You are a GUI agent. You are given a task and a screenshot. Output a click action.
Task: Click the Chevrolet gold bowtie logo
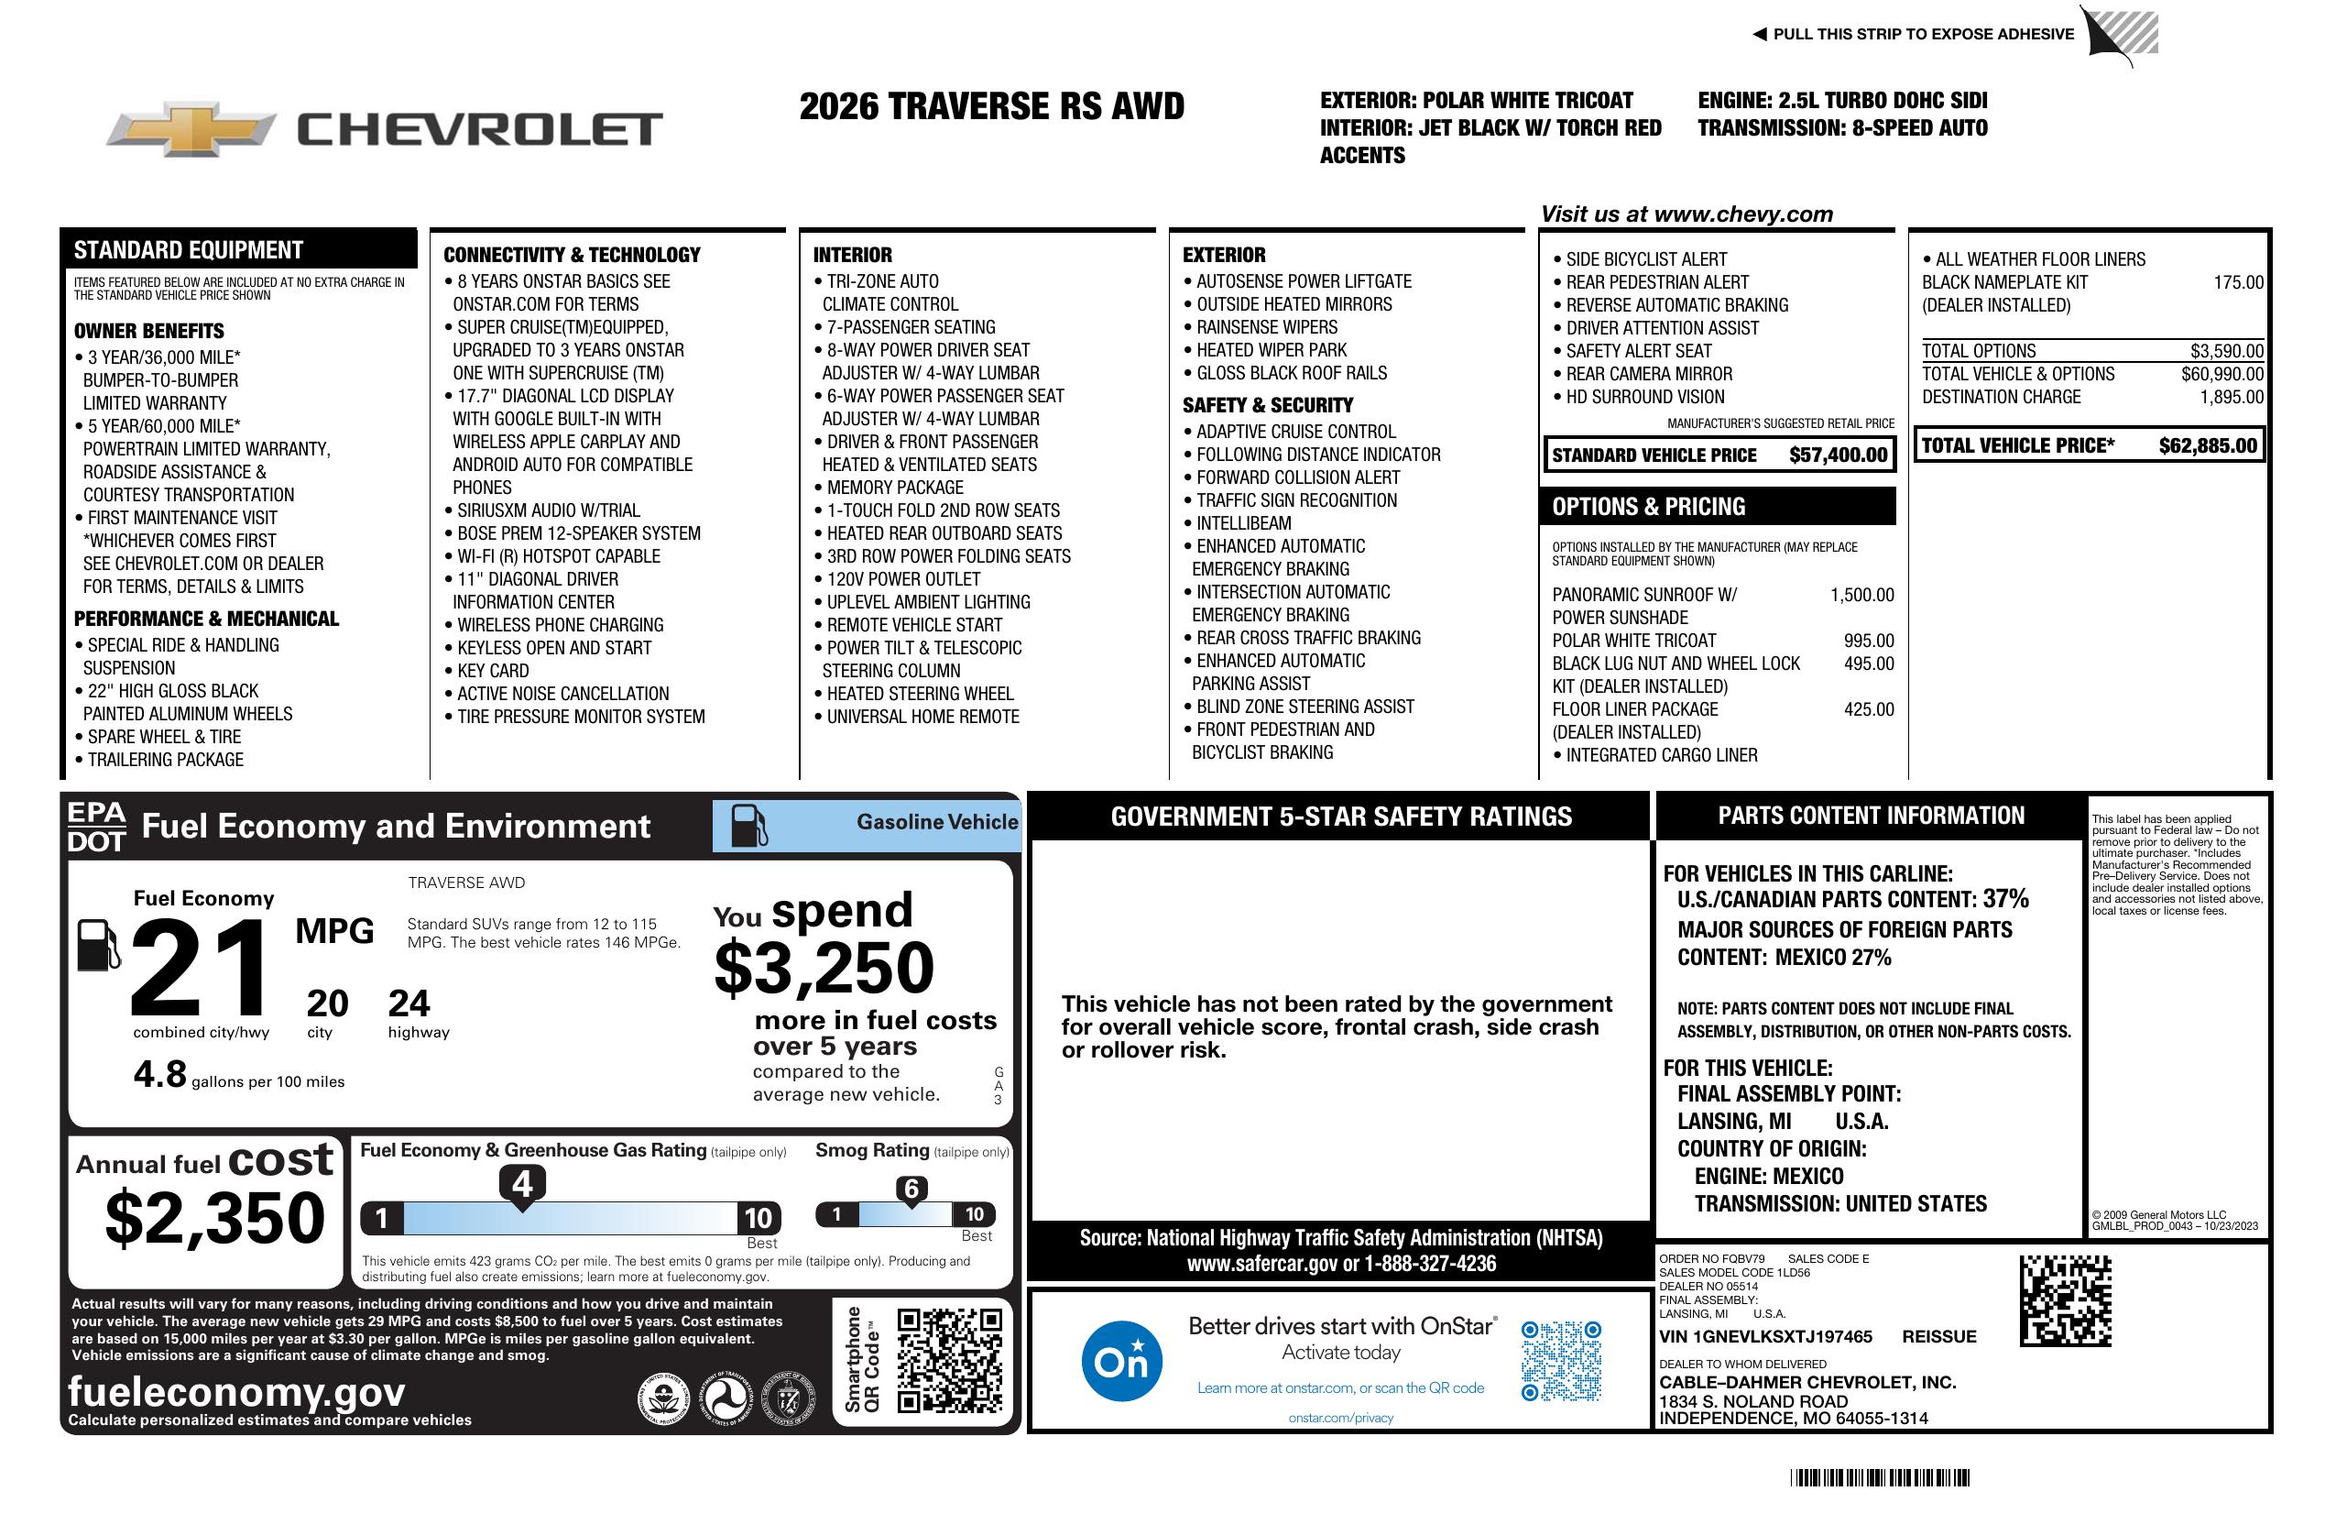coord(191,129)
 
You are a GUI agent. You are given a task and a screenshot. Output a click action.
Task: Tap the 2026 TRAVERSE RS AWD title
coord(991,106)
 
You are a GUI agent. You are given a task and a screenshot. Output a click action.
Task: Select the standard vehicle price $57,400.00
coord(1838,455)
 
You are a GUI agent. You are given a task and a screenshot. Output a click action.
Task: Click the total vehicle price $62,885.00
coord(2208,445)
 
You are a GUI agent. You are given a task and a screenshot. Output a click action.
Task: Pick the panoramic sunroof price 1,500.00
coord(1861,595)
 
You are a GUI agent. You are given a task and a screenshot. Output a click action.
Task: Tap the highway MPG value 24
coord(409,1003)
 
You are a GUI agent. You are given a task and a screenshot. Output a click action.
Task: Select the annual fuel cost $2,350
coord(215,1218)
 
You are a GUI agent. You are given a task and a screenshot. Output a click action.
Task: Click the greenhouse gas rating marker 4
coord(522,1184)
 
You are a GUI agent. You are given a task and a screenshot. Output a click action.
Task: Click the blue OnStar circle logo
coord(1121,1361)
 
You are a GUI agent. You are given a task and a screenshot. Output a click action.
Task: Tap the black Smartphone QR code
coord(949,1360)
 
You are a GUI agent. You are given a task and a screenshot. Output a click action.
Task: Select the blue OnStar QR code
coord(1561,1361)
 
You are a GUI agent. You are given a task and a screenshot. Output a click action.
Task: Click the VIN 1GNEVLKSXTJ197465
coord(1764,1336)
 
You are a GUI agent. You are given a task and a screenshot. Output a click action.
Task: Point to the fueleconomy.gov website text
coord(236,1391)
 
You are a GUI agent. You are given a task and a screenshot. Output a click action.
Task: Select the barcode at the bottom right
coord(1879,1477)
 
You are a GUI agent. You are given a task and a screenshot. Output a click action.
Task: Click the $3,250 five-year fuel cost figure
coord(824,968)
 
